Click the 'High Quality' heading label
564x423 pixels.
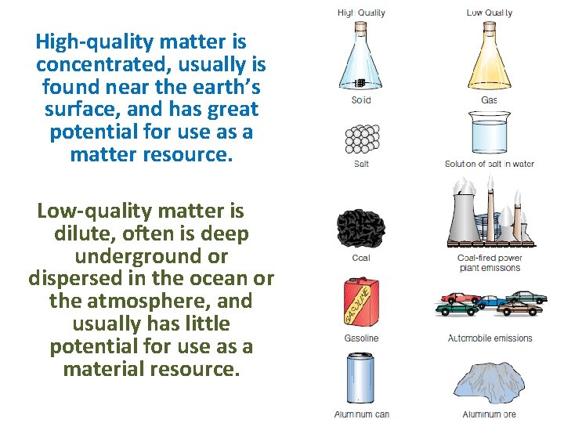coord(361,13)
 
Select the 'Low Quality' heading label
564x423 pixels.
coord(489,13)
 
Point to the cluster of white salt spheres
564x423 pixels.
coord(361,139)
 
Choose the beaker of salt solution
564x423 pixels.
coord(489,134)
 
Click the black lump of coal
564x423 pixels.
coord(360,227)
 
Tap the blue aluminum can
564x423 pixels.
coord(361,380)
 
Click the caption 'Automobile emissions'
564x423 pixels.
coord(490,338)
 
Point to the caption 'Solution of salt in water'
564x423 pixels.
coord(489,164)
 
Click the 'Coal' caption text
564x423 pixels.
coord(361,258)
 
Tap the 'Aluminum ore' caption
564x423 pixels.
coord(490,414)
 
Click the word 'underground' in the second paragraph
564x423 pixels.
coord(151,256)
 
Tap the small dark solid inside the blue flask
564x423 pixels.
coord(360,83)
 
